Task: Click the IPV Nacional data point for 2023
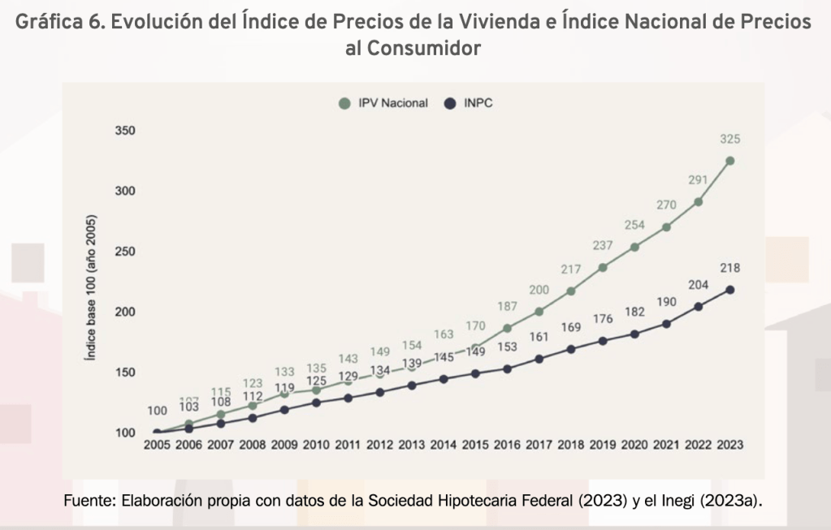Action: coord(729,161)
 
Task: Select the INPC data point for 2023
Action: coord(729,290)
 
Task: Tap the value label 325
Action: coord(729,140)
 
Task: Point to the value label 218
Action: coord(729,268)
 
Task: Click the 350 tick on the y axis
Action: coord(124,131)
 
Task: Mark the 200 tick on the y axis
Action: coord(124,312)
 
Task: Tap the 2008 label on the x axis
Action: coord(253,445)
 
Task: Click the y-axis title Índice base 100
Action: coord(94,288)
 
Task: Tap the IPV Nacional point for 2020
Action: coord(634,247)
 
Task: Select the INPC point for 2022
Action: coord(698,306)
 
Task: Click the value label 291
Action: coord(698,180)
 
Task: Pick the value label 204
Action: coord(698,285)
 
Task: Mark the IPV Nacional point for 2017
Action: coord(539,312)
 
